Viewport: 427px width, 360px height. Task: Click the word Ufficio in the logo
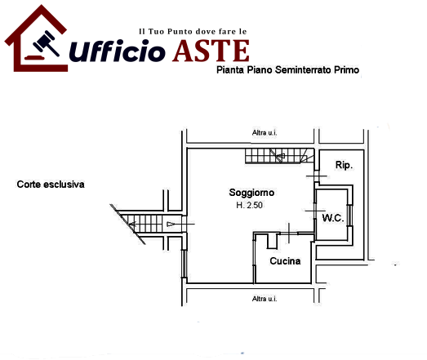117,51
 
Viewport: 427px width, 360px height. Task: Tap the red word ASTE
211,51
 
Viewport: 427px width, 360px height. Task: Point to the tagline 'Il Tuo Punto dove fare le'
193,32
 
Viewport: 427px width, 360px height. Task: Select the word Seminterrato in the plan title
303,70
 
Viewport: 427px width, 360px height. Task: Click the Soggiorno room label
251,193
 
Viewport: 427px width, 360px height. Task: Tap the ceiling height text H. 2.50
249,205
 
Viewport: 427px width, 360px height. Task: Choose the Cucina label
285,261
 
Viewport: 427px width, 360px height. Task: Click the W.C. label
333,218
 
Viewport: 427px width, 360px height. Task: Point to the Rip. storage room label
344,165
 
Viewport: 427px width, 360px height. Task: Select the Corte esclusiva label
51,184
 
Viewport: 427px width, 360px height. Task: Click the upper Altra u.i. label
265,133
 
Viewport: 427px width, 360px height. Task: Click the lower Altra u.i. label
265,299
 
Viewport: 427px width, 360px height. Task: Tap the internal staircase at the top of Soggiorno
280,156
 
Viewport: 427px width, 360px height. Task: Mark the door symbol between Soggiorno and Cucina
289,233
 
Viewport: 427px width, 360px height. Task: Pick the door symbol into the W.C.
315,211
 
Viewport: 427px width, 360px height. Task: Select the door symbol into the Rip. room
317,176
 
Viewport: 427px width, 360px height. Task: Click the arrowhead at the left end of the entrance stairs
132,224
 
